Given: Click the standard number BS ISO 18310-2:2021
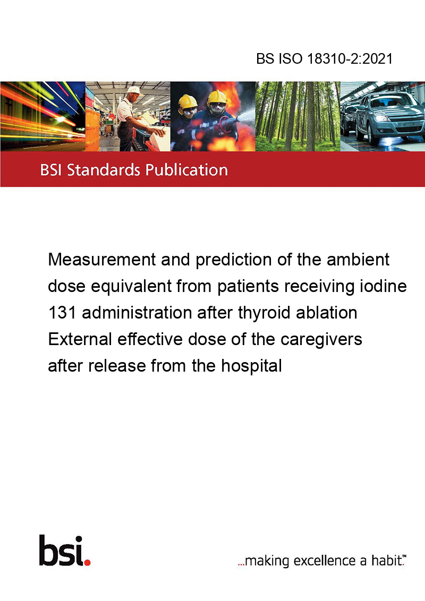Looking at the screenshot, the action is [325, 59].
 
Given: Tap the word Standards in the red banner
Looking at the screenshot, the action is [104, 170].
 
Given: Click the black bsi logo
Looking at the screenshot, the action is [61, 551].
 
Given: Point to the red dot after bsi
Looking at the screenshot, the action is [87, 562].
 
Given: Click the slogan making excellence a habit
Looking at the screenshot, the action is [322, 561].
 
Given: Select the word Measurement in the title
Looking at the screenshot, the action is [101, 260].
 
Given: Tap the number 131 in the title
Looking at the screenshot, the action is [62, 313].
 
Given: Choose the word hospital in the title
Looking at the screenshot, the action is [251, 366].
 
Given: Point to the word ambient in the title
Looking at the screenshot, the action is [358, 260].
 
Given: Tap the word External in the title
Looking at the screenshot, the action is [80, 340].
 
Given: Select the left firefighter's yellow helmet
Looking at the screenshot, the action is [188, 101].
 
